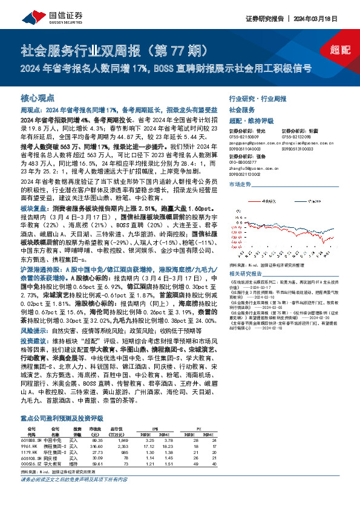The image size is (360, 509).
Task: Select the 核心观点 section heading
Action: click(38, 97)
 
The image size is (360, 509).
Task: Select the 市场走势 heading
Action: click(240, 184)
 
